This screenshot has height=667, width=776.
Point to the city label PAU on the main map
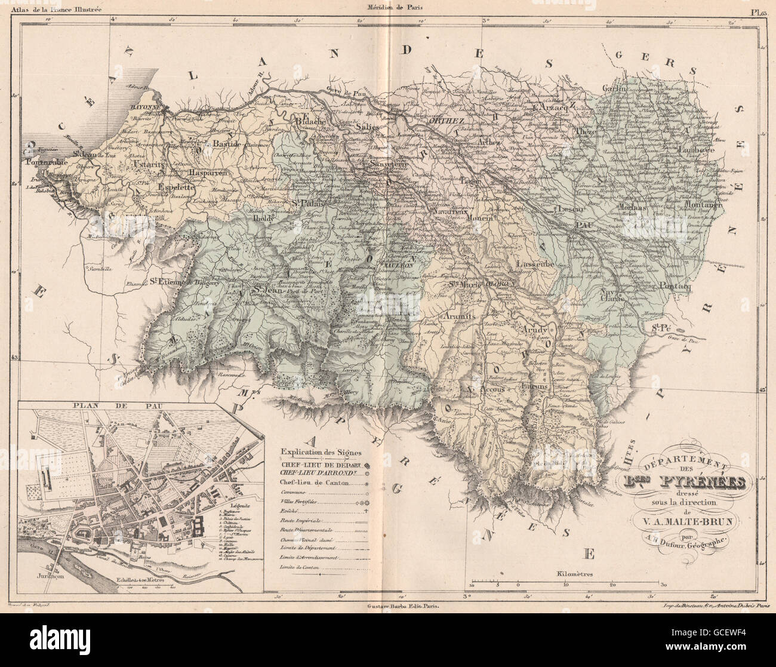(583, 225)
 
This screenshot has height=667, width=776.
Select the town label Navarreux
(448, 213)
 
